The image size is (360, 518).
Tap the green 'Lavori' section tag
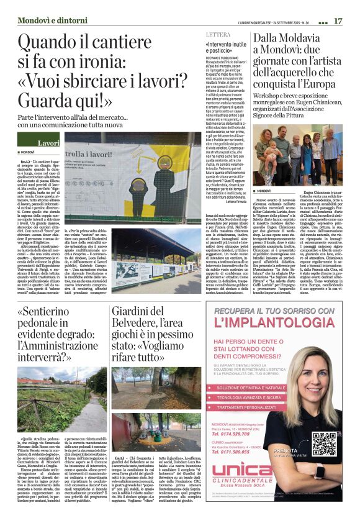click(48, 143)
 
